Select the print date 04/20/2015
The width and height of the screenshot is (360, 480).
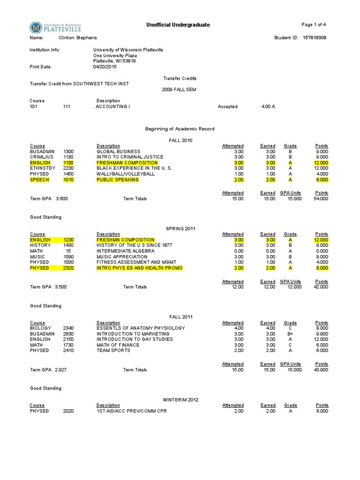[105, 67]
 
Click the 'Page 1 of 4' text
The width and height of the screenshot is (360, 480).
[314, 25]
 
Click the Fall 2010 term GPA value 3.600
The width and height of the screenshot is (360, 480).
[61, 199]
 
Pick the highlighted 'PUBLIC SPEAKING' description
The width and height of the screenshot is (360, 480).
[118, 180]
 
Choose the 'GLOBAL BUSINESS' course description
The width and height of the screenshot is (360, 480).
[118, 151]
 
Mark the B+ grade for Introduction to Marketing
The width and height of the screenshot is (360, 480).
[291, 334]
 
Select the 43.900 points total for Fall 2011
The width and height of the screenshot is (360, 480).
[321, 370]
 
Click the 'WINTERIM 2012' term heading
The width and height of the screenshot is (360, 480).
[180, 399]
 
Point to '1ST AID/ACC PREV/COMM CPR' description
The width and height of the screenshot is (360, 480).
[131, 411]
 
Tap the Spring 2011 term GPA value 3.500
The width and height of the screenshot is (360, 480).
[60, 287]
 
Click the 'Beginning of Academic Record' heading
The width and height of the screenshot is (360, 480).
[180, 128]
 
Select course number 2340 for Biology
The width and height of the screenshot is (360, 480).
[68, 328]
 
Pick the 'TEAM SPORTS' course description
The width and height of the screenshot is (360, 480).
[113, 351]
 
